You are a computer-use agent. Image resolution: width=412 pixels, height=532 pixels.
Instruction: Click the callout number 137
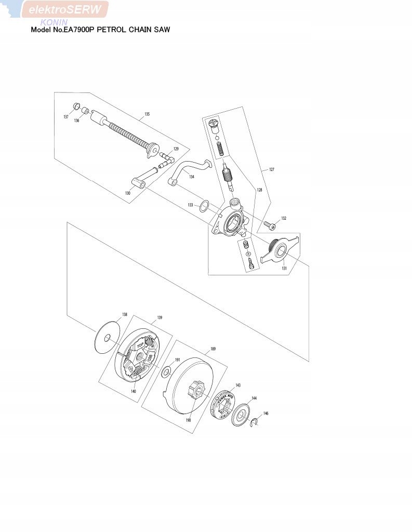(66, 117)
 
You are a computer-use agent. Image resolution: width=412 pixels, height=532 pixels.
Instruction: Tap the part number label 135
(147, 114)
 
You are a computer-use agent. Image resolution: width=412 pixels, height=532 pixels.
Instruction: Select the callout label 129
(176, 149)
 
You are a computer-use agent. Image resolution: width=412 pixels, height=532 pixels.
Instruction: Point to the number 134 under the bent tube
(192, 177)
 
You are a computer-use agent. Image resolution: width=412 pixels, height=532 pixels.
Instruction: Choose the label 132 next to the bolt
(283, 218)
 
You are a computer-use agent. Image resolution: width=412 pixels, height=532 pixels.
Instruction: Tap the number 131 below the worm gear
(284, 268)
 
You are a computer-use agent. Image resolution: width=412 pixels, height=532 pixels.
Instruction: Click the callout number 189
(213, 349)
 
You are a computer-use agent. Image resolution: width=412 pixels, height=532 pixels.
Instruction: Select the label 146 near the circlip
(266, 414)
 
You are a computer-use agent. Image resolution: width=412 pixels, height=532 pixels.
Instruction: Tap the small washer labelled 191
(167, 371)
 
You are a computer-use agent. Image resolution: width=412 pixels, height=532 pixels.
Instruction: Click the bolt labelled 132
(269, 225)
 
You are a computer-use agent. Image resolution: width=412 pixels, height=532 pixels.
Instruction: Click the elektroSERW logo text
(65, 9)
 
